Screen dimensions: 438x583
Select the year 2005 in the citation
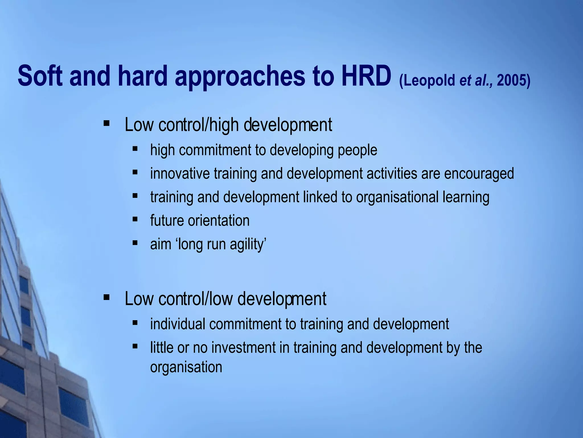click(511, 80)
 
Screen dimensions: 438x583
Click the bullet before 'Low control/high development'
click(107, 123)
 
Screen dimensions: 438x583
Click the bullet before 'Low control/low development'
click(107, 297)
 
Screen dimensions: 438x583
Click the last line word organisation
click(186, 367)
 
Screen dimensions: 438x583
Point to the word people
click(357, 150)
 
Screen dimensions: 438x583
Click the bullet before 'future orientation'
click(135, 219)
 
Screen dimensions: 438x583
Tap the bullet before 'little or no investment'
click(135, 346)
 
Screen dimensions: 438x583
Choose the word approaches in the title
click(240, 76)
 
